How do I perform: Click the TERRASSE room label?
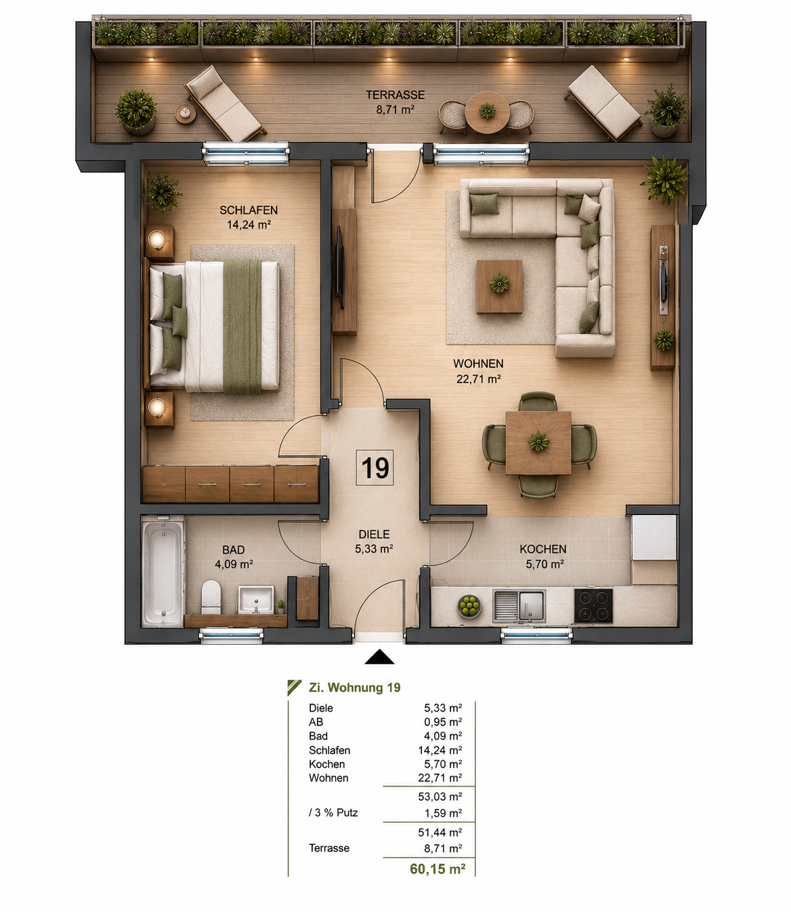pos(395,95)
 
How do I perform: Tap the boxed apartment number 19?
pos(375,468)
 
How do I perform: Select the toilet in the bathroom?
pos(211,597)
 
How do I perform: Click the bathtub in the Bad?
pos(163,571)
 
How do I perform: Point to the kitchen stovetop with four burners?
pos(593,605)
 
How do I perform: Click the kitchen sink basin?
pos(531,605)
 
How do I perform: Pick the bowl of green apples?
pos(469,606)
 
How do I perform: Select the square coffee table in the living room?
pos(499,286)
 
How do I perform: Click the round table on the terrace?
pos(488,112)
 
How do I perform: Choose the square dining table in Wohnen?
pos(538,443)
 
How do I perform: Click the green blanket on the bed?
pos(242,326)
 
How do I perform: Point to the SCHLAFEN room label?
pos(249,210)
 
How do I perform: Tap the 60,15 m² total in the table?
pos(437,869)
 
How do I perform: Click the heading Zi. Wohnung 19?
pos(354,687)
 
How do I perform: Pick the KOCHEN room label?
pos(543,549)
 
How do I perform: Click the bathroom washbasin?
pos(255,599)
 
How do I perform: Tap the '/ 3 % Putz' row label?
pos(333,812)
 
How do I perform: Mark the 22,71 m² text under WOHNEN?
pos(479,378)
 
